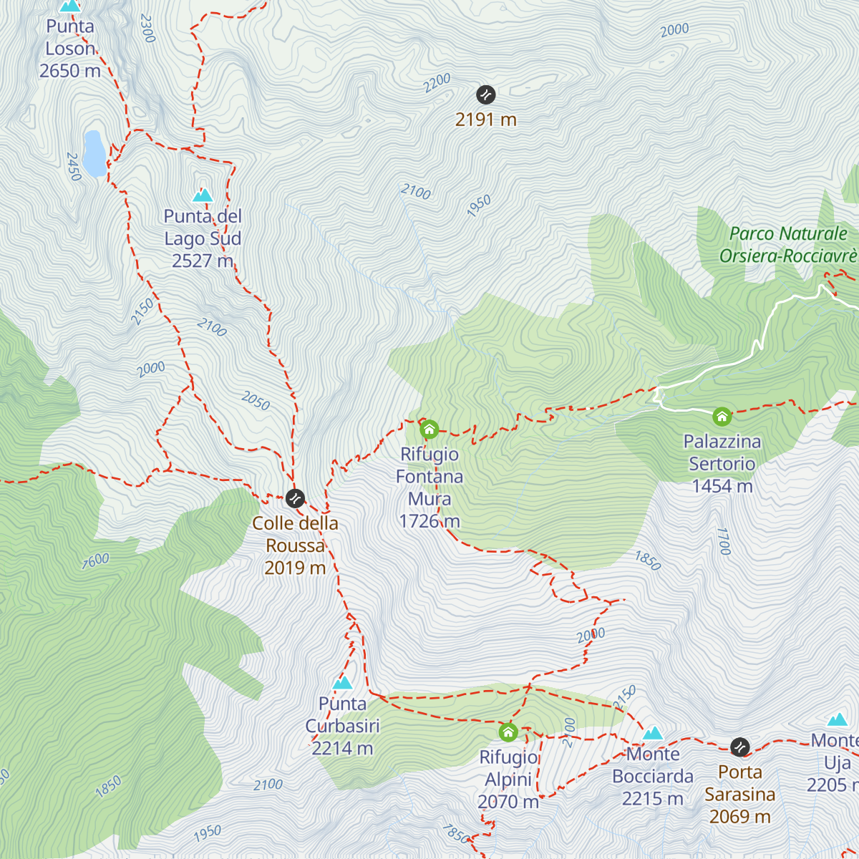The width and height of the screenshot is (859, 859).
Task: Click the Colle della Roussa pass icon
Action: [x=295, y=498]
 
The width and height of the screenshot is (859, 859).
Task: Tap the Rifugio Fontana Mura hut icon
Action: [x=429, y=429]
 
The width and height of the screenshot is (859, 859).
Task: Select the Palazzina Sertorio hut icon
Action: [x=722, y=416]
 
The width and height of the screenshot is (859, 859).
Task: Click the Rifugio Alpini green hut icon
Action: [x=508, y=732]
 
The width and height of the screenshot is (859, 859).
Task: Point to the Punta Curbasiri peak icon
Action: [x=343, y=683]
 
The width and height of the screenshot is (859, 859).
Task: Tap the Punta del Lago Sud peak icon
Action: [x=203, y=195]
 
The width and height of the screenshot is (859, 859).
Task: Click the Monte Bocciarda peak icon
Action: [x=653, y=733]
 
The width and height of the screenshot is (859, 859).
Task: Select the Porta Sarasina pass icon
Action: [x=739, y=747]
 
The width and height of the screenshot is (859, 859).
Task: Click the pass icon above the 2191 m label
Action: [x=486, y=94]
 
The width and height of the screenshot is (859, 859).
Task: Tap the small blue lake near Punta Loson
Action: [x=94, y=153]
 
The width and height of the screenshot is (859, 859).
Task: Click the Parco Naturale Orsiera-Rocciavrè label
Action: [x=788, y=245]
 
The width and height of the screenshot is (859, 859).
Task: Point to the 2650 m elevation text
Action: [x=70, y=71]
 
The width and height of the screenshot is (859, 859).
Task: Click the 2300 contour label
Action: [x=147, y=28]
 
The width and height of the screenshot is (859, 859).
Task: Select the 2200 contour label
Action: [x=437, y=83]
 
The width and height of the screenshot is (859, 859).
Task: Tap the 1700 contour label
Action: [x=724, y=541]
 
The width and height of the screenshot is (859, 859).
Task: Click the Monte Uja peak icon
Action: [x=838, y=719]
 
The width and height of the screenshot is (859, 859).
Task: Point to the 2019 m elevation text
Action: [x=295, y=568]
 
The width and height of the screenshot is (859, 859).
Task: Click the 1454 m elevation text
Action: [x=722, y=486]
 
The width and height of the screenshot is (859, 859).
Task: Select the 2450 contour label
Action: [x=74, y=166]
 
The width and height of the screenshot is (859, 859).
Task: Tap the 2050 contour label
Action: [x=256, y=401]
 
